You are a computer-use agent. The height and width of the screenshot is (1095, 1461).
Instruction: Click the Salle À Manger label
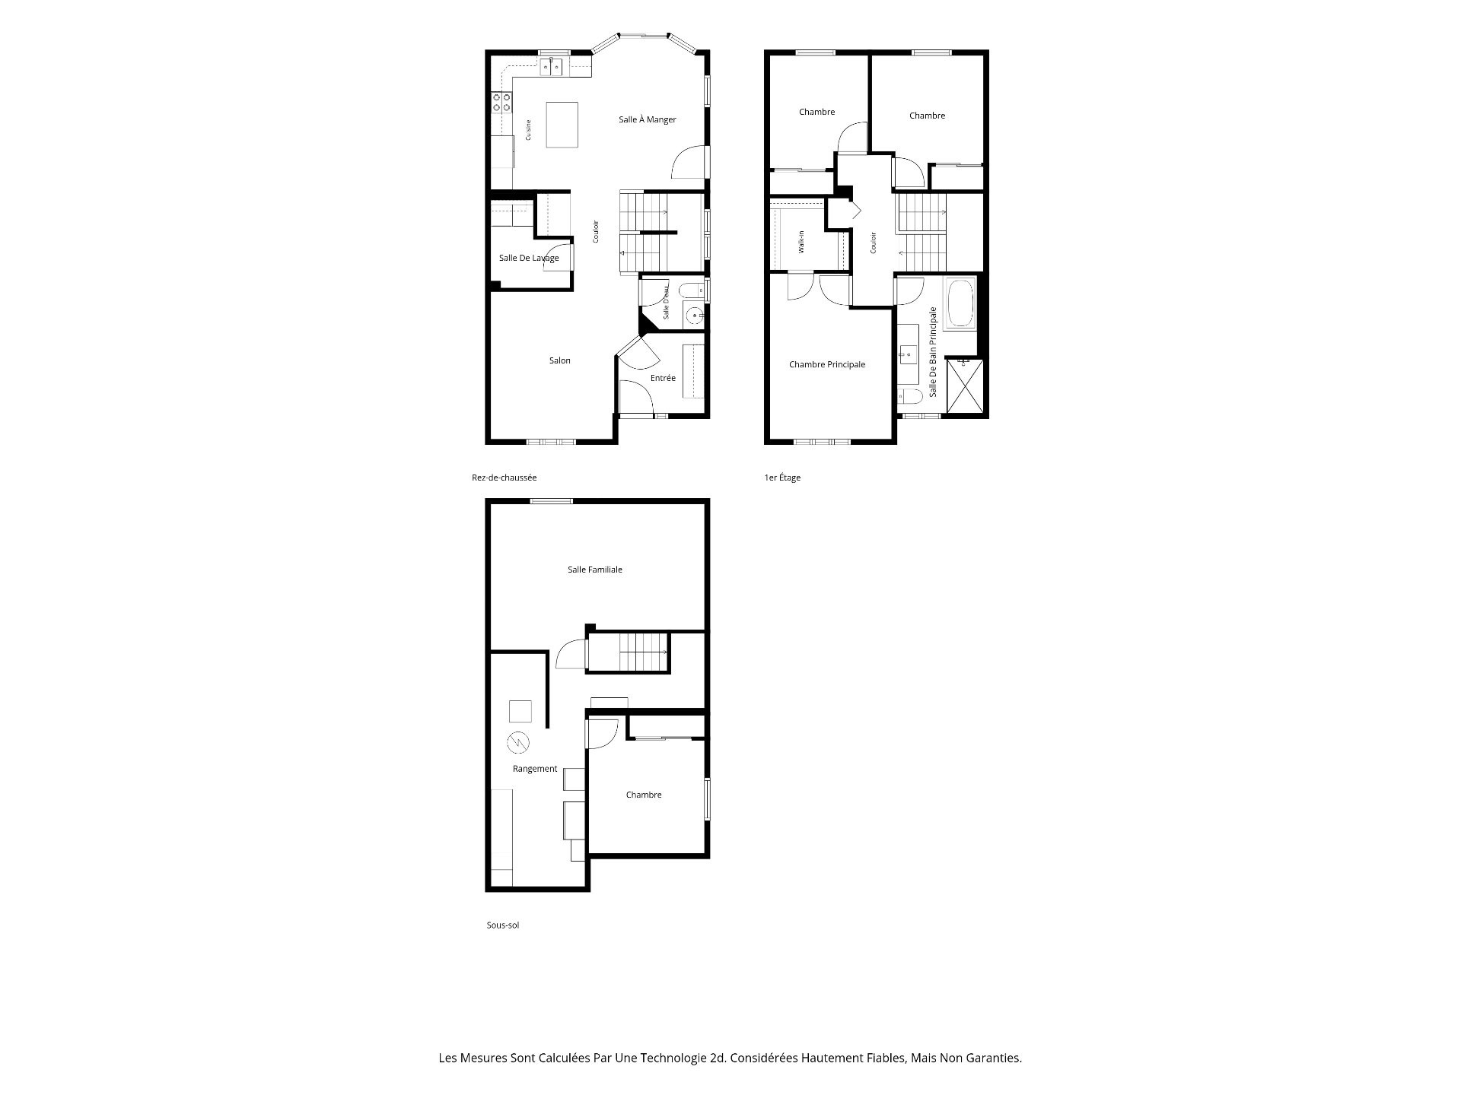(647, 119)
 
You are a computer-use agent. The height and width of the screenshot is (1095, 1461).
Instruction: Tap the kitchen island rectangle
(562, 125)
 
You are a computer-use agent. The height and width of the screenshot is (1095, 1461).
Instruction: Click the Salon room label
(560, 360)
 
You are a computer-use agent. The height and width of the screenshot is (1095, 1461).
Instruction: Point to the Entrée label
(663, 378)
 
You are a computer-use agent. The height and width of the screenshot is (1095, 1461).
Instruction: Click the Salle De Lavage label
(529, 258)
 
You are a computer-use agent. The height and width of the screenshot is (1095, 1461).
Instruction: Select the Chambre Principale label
(827, 364)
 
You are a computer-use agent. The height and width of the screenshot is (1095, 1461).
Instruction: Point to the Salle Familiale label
(595, 570)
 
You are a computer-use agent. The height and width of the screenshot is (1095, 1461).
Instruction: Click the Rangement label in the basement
(535, 769)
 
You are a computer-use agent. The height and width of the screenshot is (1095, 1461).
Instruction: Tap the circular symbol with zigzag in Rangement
(518, 741)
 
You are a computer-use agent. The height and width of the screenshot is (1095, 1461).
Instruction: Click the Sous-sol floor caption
(503, 925)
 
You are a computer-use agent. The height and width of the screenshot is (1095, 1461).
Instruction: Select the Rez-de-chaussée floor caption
(505, 478)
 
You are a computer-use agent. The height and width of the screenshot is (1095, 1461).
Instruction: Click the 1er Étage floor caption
(782, 478)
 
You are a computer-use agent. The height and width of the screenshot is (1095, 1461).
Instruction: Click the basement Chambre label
(644, 795)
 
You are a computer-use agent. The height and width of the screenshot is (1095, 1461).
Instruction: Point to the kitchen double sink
(552, 67)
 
